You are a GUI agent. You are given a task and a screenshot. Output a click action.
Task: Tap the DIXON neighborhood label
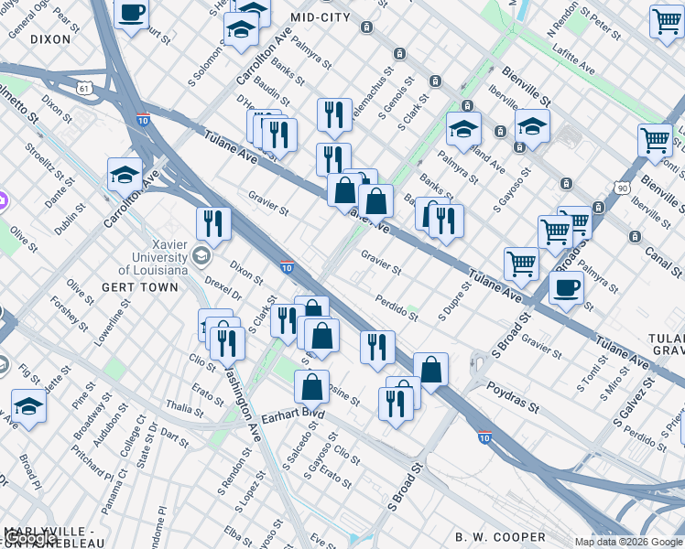[x=49, y=39]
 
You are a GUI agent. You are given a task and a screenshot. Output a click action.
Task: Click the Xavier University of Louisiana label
[x=157, y=257]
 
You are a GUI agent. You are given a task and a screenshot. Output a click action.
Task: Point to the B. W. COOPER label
[x=501, y=537]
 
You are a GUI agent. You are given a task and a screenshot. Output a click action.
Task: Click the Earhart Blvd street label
[x=293, y=414]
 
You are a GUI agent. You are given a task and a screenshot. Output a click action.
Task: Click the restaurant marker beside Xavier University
[x=212, y=223]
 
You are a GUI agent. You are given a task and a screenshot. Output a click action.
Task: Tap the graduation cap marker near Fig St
[x=28, y=405]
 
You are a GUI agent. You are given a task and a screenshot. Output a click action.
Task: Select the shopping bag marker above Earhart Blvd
[x=311, y=386]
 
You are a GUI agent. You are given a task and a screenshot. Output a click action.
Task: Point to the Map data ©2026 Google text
[x=628, y=542]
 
